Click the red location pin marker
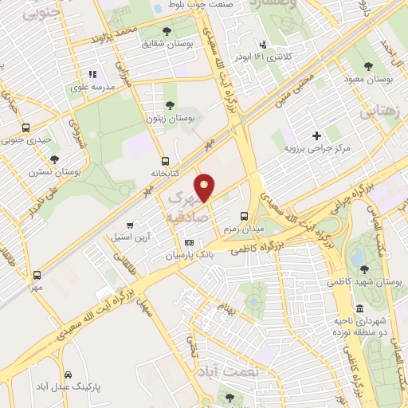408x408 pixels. (x=206, y=186)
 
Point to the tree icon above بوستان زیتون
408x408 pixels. (x=169, y=105)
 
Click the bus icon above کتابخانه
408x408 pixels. (x=165, y=160)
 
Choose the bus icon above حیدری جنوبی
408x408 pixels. (x=27, y=127)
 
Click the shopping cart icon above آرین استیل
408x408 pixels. (x=131, y=226)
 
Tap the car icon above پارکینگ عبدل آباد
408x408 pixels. (x=69, y=375)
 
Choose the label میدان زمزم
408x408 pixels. (x=246, y=229)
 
